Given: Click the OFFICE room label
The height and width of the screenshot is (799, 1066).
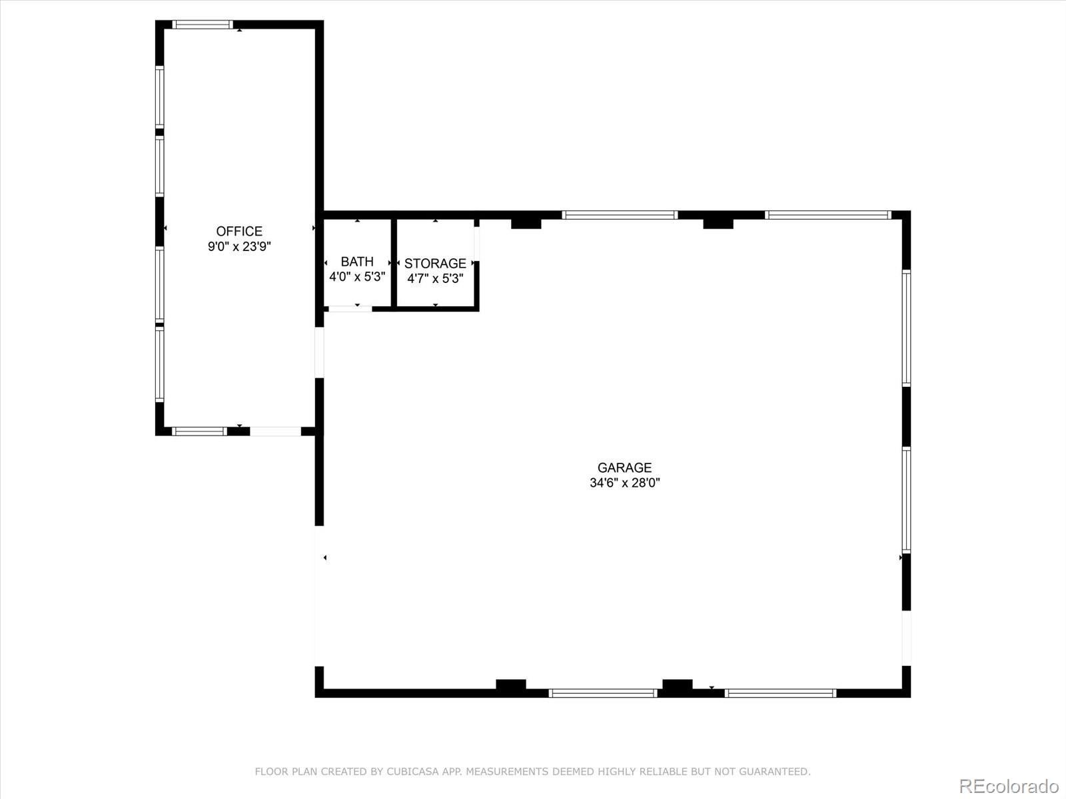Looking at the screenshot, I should (x=239, y=231).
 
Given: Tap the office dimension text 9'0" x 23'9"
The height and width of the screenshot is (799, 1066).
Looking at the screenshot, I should (x=239, y=246).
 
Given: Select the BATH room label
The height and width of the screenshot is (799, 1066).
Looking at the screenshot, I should (x=357, y=262).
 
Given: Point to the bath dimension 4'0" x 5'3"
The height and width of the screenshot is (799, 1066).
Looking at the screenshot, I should (x=357, y=276).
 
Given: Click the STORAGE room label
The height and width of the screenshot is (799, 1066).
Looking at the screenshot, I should (x=435, y=264).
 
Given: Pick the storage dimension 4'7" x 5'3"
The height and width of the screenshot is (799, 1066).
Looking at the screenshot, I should (x=435, y=278).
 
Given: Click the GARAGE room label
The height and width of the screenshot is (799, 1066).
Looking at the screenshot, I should (x=624, y=467).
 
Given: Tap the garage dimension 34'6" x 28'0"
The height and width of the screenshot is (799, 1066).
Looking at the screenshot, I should (x=624, y=483).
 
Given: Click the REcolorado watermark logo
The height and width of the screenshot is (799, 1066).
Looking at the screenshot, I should (x=1009, y=786).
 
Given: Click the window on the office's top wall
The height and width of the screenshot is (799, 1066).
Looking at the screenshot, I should (x=203, y=25).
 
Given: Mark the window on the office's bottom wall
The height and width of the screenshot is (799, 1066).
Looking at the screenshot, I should (x=199, y=431).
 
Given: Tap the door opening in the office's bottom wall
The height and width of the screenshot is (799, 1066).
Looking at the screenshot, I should (x=275, y=431).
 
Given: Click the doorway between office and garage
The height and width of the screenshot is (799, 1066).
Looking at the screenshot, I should (x=319, y=353).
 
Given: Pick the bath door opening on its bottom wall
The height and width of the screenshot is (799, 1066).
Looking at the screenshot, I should (x=350, y=308).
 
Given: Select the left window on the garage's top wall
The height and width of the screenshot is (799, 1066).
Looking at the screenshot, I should (x=620, y=215).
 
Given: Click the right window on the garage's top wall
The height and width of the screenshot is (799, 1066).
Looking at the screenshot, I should (x=828, y=215).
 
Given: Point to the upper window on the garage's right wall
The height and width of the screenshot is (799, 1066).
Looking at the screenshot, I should (x=906, y=328).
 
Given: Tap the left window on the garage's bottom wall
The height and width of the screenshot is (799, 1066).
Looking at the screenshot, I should (x=603, y=693).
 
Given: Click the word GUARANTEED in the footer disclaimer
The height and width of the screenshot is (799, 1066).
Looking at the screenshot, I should (x=776, y=772).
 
